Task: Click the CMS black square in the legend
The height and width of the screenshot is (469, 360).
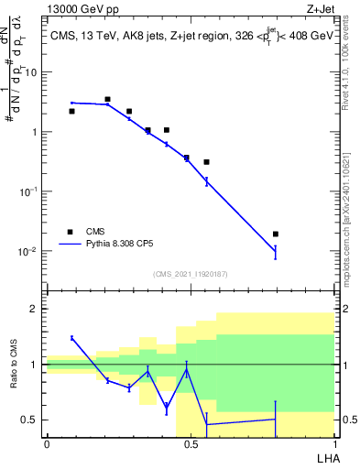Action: coord(71,231)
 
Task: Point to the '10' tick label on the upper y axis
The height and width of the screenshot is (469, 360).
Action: coord(32,71)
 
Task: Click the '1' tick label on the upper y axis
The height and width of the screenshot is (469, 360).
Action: coord(35,132)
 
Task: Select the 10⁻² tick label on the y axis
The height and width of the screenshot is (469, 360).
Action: coord(29,252)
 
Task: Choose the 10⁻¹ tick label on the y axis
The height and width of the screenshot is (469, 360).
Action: coord(29,191)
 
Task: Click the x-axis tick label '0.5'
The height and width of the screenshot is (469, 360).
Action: coord(191,444)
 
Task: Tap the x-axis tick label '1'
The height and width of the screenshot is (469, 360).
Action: coord(333,444)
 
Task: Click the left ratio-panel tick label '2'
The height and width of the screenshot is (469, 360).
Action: coord(35,309)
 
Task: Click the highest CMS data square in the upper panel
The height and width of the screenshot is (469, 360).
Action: coord(107,99)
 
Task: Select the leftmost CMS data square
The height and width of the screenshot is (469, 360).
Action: coord(71,111)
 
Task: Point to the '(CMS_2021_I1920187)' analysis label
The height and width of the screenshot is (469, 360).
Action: coord(191,274)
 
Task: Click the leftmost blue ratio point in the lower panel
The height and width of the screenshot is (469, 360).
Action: coord(71,338)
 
